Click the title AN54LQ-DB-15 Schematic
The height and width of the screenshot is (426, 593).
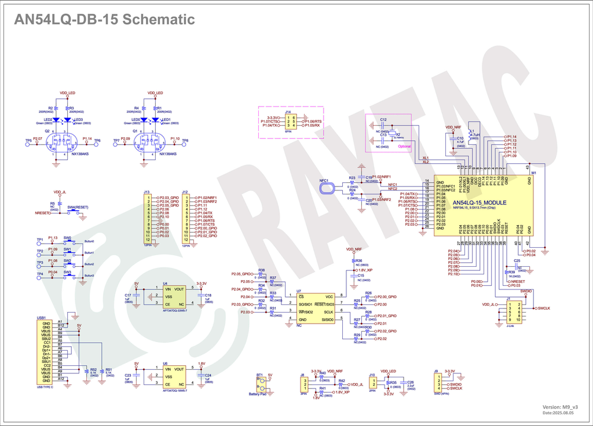tap(104, 20)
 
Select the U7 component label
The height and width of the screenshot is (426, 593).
tap(299, 291)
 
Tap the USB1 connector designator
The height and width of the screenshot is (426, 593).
tap(41, 318)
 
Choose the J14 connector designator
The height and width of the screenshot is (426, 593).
tap(288, 112)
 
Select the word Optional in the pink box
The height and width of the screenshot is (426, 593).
tap(404, 146)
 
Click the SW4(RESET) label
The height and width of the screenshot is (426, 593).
tap(78, 207)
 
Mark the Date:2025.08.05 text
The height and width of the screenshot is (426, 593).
tap(558, 413)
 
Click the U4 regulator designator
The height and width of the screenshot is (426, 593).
tap(165, 284)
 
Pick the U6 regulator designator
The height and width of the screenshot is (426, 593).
tap(165, 363)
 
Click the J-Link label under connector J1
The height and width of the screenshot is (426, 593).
tap(510, 326)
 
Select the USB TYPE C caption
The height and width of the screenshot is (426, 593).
tap(45, 386)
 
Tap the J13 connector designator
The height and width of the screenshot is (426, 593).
tap(147, 192)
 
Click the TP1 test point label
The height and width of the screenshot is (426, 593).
tap(40, 240)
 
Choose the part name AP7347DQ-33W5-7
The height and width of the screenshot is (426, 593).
tap(175, 311)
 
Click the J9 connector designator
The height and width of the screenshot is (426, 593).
tap(435, 370)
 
